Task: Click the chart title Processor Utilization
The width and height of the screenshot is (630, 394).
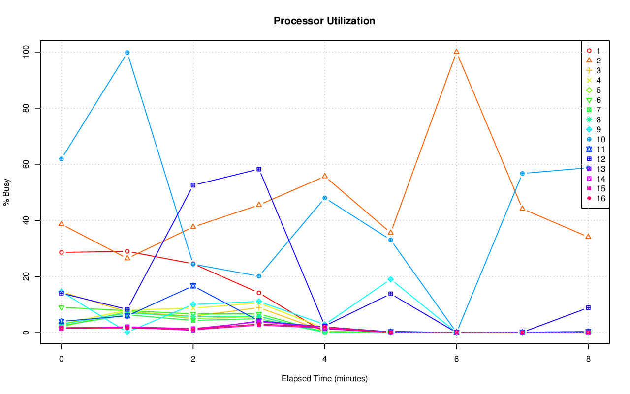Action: coord(324,21)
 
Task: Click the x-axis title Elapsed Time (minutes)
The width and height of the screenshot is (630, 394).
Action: coord(324,379)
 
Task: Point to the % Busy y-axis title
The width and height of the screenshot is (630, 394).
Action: coord(7,192)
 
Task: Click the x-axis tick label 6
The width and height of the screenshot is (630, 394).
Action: coord(456,359)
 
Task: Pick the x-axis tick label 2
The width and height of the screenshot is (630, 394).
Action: coord(193,359)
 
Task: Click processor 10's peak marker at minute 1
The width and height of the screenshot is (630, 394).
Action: coord(127,53)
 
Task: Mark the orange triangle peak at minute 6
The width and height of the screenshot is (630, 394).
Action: coord(456,52)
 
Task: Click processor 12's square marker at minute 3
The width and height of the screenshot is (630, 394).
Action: coord(259,169)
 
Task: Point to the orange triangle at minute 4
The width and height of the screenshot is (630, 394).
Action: coord(324,176)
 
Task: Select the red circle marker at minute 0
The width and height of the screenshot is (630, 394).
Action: coord(61,252)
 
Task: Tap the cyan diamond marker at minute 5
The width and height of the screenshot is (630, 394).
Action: coord(390,279)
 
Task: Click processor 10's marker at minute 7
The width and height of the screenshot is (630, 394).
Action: coord(522,173)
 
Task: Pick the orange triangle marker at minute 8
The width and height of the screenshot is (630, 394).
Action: coord(588,237)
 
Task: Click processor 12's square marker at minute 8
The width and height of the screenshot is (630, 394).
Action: coord(588,308)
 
